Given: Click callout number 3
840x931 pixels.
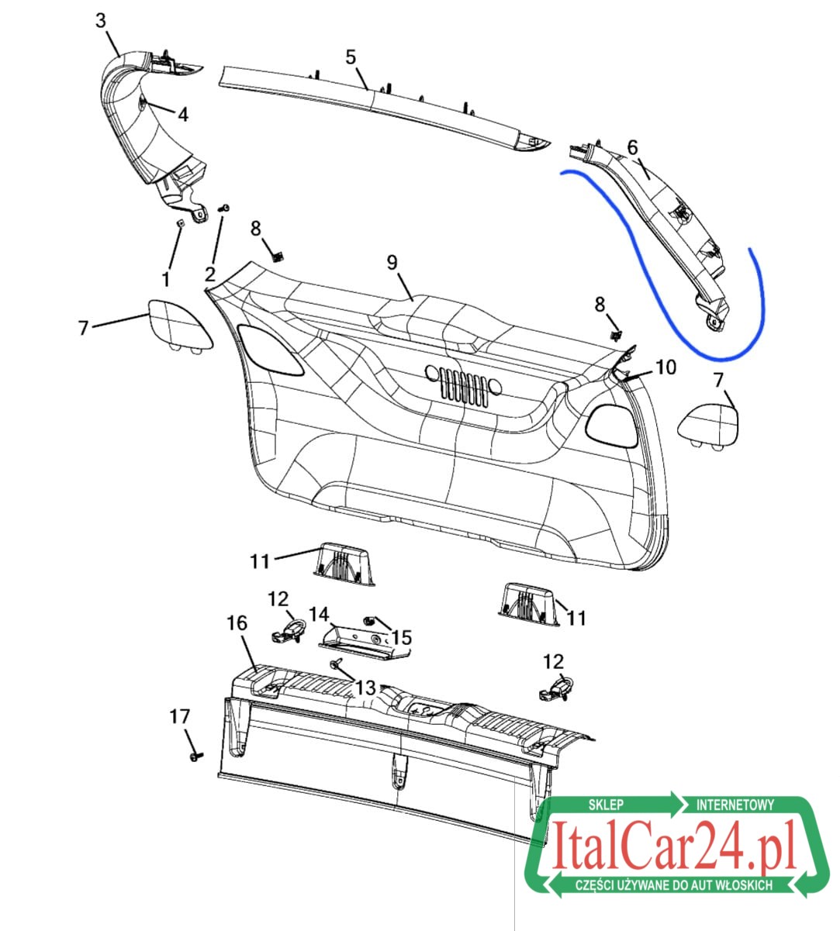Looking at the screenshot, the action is click(x=101, y=20).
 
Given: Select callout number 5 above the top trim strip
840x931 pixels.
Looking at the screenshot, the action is click(x=351, y=57).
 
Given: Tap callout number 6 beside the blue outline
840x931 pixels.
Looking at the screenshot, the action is click(x=632, y=147).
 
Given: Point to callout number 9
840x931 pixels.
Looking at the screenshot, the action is click(x=392, y=263).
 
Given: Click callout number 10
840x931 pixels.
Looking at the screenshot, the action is click(x=665, y=367).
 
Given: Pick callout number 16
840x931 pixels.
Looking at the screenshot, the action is click(x=237, y=622).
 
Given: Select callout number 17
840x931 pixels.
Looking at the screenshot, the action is click(x=180, y=716).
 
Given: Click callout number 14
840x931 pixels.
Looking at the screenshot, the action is click(x=319, y=615).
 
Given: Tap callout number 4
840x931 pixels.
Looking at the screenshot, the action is click(x=183, y=114).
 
